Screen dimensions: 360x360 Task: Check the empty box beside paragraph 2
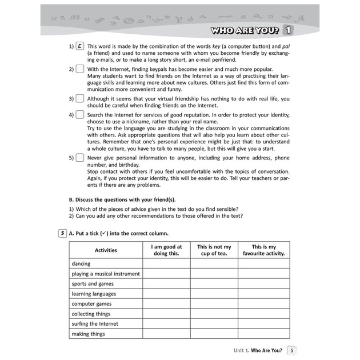pyautogui.click(x=79, y=69)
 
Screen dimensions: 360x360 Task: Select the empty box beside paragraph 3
pyautogui.click(x=79, y=98)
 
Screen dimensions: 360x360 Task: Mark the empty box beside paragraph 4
pyautogui.click(x=79, y=115)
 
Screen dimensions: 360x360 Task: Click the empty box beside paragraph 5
pyautogui.click(x=79, y=157)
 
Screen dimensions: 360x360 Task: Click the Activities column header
pyautogui.click(x=106, y=250)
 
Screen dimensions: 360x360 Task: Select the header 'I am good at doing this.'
pyautogui.click(x=166, y=250)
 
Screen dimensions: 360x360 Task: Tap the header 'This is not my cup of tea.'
pyautogui.click(x=214, y=250)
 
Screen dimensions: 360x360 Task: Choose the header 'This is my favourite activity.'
pyautogui.click(x=263, y=250)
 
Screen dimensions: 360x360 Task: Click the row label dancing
pyautogui.click(x=81, y=264)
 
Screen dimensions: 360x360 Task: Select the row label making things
pyautogui.click(x=88, y=334)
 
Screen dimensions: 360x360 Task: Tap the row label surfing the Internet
pyautogui.click(x=95, y=324)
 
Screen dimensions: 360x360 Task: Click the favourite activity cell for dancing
pyautogui.click(x=263, y=264)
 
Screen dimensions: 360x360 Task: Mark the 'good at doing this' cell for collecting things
pyautogui.click(x=166, y=314)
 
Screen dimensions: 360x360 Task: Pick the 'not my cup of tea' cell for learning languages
pyautogui.click(x=214, y=294)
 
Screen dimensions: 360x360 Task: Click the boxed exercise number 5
pyautogui.click(x=62, y=233)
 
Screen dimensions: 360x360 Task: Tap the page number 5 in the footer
pyautogui.click(x=291, y=350)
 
